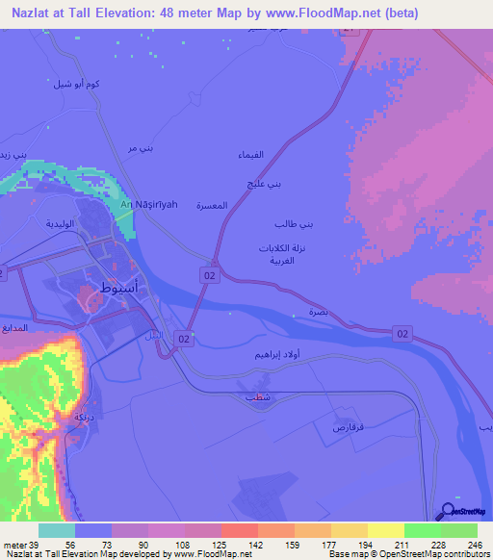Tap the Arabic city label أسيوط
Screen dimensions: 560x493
coord(119,287)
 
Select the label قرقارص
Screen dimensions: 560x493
coord(347,424)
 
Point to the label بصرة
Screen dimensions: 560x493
coord(318,314)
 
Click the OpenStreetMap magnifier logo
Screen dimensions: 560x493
coord(449,512)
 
